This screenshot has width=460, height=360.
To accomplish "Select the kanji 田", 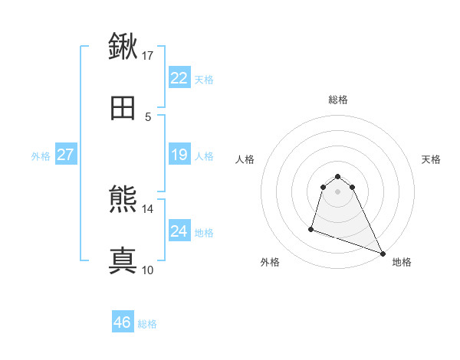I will point(123,108).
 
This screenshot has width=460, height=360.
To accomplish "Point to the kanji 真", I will point(123,260).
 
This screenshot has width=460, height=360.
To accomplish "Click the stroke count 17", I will point(148,55).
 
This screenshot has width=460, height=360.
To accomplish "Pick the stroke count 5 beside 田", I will point(148,116).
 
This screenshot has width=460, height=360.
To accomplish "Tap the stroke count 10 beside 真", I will point(148,270).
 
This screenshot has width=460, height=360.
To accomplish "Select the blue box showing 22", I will point(179,78).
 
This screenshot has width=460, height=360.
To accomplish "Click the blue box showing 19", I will point(179,155).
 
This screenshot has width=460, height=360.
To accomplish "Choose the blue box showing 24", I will point(179,231).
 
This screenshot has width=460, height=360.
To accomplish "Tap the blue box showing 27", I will point(66,155).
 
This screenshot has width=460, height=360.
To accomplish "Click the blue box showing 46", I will point(123,322).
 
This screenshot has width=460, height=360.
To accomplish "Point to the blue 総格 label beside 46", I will point(147,324).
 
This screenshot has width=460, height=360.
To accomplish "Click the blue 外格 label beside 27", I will point(41,156).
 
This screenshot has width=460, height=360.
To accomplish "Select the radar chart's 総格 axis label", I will point(338,100).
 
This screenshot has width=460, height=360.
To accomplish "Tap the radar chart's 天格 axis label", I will point(432,159).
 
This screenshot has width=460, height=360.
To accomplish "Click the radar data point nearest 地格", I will point(383,254).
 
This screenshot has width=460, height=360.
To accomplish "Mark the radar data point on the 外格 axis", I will point(311,228).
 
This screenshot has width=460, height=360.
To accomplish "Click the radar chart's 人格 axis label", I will point(245,159).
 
